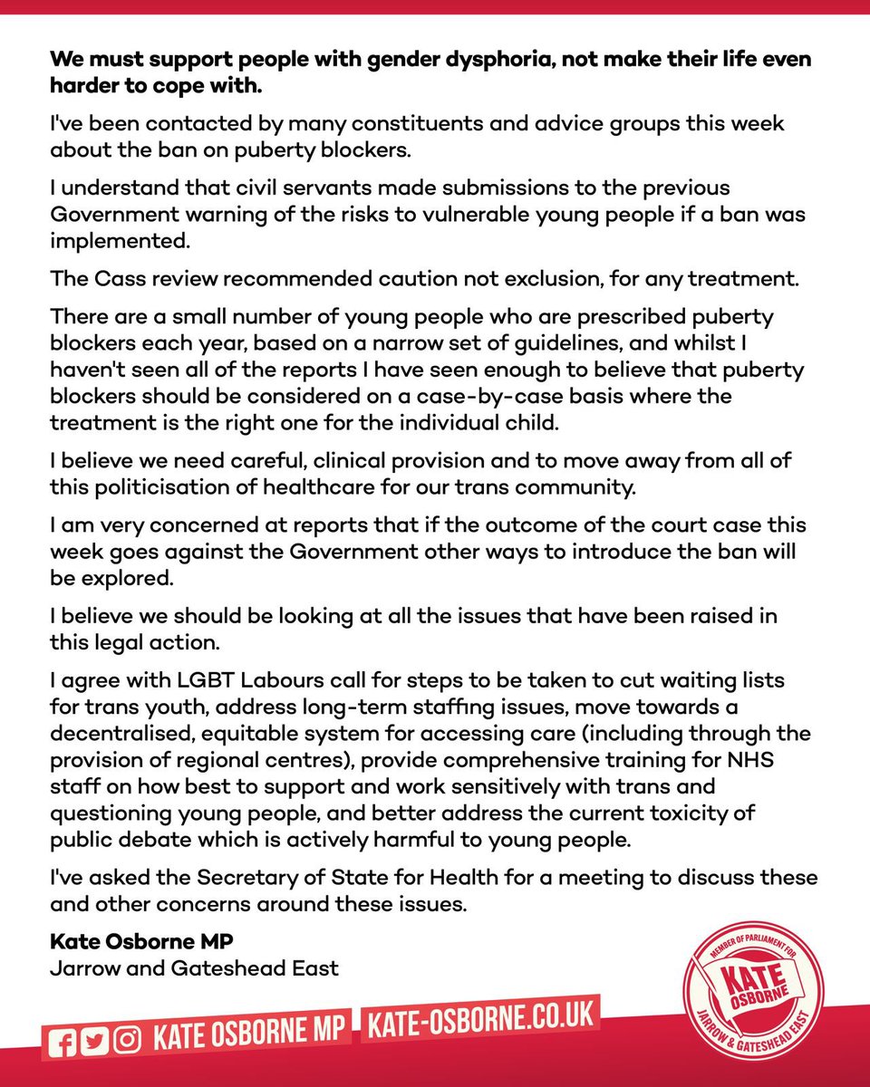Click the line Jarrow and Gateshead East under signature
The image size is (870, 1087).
[x=193, y=968]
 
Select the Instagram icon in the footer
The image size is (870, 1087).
[x=126, y=1040]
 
